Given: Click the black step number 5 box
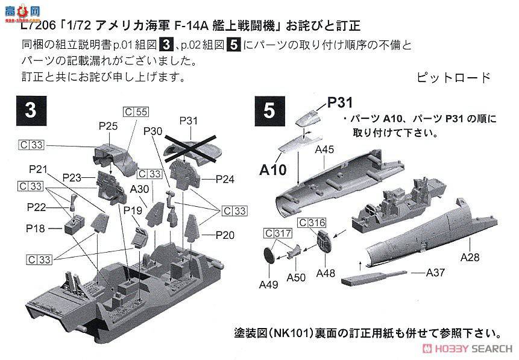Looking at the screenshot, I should coord(269,111).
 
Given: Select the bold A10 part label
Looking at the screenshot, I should coord(272,170).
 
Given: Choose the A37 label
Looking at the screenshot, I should coord(436,273).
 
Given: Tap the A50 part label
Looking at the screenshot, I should coord(296,277).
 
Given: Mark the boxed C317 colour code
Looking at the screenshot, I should coord(274,233).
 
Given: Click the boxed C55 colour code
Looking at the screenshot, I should coord(136,112).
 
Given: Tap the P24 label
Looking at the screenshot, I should coord(225,179).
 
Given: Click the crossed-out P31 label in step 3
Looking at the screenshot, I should coord(189,121).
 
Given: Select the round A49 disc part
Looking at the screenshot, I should coord(269,254).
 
